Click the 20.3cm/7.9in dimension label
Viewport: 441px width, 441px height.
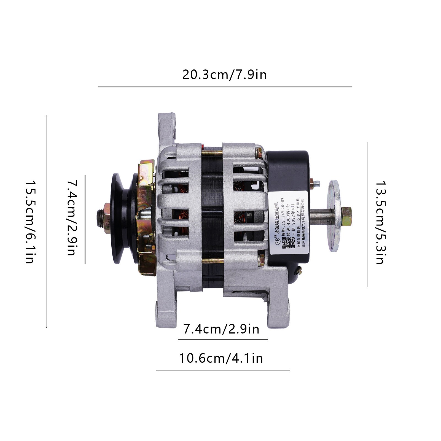coord(225,75)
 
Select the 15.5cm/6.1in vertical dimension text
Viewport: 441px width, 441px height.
coord(29,222)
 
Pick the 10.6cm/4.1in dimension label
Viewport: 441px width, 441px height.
coord(221,358)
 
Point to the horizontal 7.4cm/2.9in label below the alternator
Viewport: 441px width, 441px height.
coord(221,329)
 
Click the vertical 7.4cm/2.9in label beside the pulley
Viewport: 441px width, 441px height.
coord(72,218)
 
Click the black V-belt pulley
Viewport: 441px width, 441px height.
coord(121,218)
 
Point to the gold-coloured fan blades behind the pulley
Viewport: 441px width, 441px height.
coord(146,218)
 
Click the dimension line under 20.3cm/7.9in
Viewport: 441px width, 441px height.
coord(225,87)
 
